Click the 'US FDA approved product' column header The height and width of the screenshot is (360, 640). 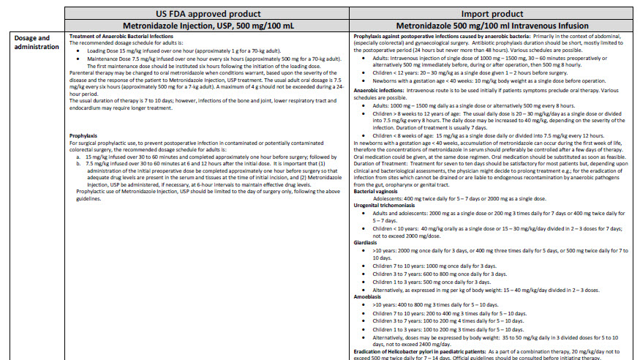pos(207,12)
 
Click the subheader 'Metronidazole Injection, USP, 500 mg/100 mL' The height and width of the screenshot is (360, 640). pos(207,25)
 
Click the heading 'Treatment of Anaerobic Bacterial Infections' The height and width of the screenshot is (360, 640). pos(121,36)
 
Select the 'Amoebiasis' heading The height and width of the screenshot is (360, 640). pos(368,298)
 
